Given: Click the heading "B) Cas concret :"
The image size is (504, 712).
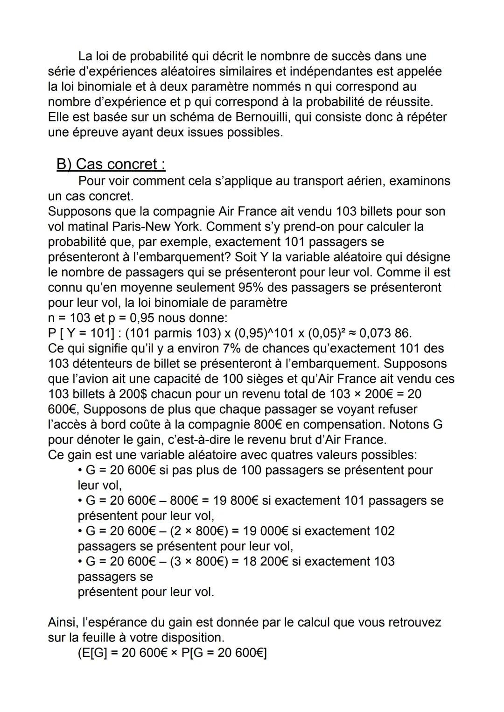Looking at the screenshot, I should [x=111, y=164].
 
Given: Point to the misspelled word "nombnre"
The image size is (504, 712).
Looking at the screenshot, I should [x=287, y=56].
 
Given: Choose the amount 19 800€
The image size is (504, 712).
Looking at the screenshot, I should [x=235, y=501].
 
